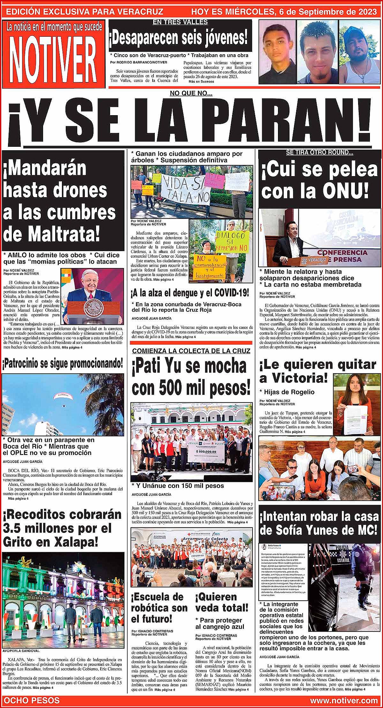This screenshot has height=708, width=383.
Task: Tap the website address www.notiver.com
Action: (x=343, y=701)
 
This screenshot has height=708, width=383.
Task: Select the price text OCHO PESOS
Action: (x=33, y=701)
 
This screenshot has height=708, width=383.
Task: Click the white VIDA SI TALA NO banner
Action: (x=185, y=190)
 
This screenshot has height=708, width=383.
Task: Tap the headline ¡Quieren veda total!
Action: (x=222, y=602)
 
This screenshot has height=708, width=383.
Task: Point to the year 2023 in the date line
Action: (x=366, y=12)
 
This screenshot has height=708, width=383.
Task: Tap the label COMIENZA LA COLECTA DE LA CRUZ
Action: (x=191, y=351)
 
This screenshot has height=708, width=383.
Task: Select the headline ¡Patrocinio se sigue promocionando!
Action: (x=63, y=363)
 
